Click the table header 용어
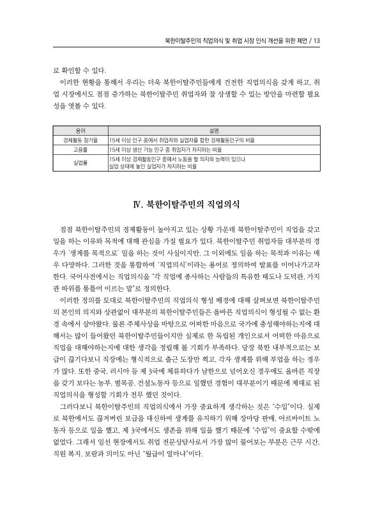click(x=80, y=130)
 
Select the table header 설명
click(x=222, y=130)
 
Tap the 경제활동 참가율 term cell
click(x=80, y=139)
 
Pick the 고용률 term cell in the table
click(x=80, y=148)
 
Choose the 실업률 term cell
click(x=80, y=161)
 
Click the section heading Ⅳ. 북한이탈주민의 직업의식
click(x=186, y=205)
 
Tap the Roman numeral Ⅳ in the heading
click(x=137, y=205)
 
